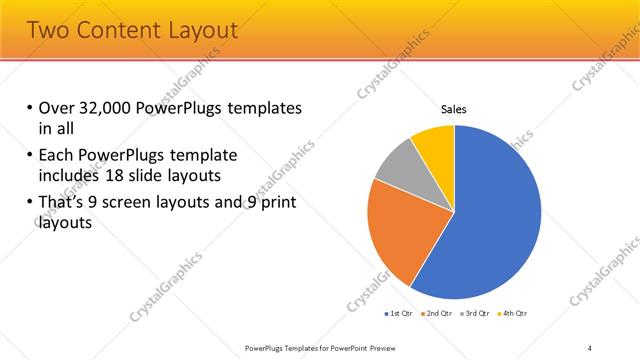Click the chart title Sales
(454, 110)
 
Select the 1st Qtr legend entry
(400, 313)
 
